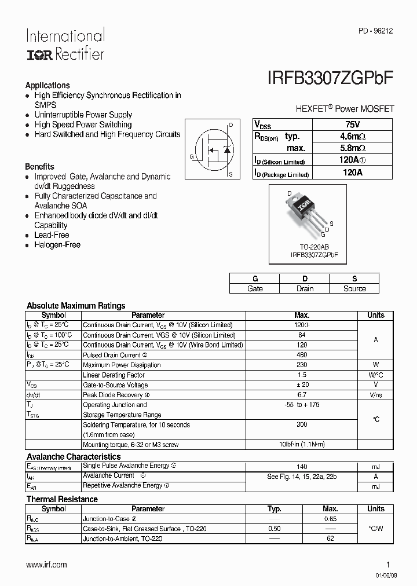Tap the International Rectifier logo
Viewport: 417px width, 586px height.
pos(65,45)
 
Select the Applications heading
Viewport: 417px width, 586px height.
pos(47,85)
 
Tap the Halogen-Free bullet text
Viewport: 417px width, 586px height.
pos(57,245)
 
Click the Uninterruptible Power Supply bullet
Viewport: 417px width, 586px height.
pos(83,115)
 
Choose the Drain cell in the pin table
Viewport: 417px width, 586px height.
pos(305,288)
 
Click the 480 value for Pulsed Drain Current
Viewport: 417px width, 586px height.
pos(302,355)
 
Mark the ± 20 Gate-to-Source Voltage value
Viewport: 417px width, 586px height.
pos(302,385)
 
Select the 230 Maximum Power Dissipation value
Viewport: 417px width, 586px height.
pos(302,365)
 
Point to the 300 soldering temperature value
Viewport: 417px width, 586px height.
pos(302,425)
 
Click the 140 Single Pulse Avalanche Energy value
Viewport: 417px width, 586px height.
pos(302,466)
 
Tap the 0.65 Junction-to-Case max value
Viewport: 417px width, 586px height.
pos(330,519)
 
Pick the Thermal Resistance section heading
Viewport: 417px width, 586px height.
pos(62,499)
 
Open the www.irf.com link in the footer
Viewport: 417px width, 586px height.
pos(46,565)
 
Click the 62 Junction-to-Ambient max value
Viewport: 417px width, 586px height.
pos(330,539)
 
